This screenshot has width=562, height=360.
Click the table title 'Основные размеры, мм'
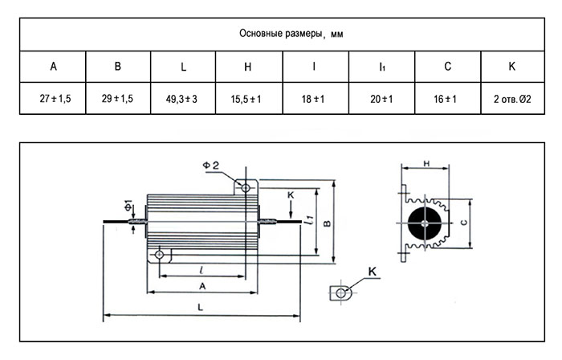[291, 34]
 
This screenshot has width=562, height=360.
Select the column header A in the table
[54, 67]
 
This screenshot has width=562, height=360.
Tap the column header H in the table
[247, 67]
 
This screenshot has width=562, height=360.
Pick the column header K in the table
[512, 67]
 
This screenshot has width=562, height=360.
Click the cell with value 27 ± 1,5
[55, 98]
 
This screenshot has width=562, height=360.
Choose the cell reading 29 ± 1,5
[117, 98]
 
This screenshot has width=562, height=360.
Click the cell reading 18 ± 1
[313, 99]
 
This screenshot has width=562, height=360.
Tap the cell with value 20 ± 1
[381, 99]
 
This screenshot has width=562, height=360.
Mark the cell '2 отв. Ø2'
[512, 99]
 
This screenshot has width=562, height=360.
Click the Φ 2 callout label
[210, 166]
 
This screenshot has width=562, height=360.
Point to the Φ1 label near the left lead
[128, 206]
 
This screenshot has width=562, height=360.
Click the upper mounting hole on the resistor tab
[246, 187]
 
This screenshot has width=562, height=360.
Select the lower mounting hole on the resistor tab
[159, 255]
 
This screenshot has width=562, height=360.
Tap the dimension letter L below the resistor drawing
[201, 307]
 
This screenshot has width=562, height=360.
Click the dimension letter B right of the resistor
[328, 223]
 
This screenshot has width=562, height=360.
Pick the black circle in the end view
[425, 223]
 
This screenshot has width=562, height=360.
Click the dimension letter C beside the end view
[464, 223]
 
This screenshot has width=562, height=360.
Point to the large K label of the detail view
[373, 272]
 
